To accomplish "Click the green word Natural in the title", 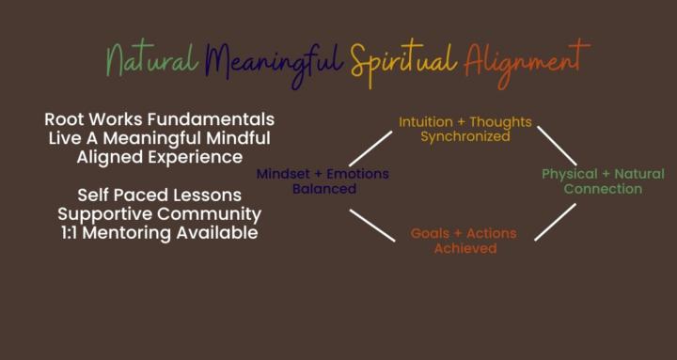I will pyautogui.click(x=150, y=61).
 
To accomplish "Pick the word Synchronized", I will pyautogui.click(x=465, y=136).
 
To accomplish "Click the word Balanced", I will pyautogui.click(x=323, y=188).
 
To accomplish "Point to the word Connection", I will pyautogui.click(x=603, y=188).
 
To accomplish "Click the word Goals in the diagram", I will pyautogui.click(x=431, y=233).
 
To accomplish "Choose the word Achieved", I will pyautogui.click(x=465, y=248).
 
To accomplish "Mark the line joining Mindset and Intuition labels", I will pyautogui.click(x=370, y=149).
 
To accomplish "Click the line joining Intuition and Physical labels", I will pyautogui.click(x=557, y=145).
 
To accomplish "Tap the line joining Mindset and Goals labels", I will pyautogui.click(x=373, y=225).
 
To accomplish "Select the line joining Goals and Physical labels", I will pyautogui.click(x=555, y=222).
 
